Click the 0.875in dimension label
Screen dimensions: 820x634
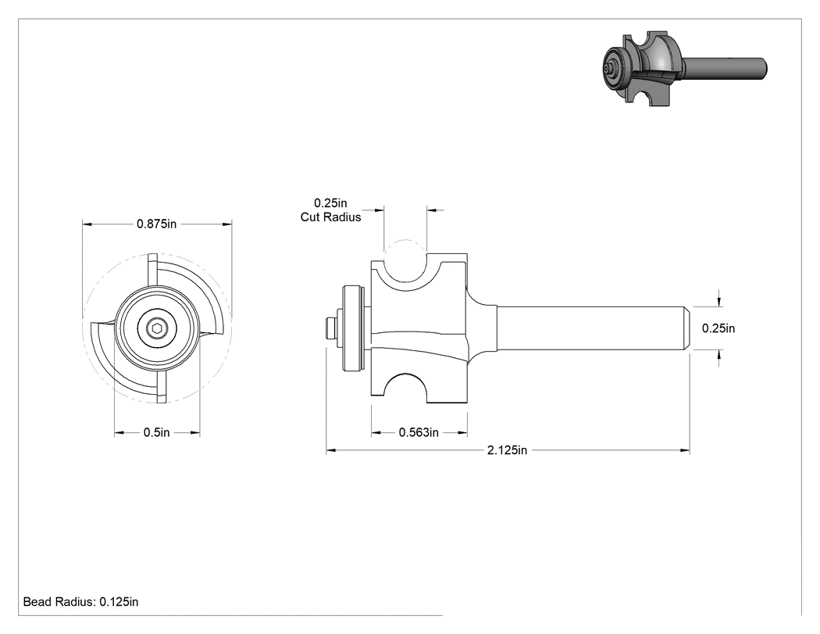[x=156, y=224]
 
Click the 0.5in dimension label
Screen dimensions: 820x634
[x=157, y=432]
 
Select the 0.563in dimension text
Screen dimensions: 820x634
[x=419, y=432]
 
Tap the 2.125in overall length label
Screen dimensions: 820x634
[x=507, y=450]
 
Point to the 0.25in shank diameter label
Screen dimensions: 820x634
[x=718, y=328]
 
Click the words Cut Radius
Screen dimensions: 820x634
[x=330, y=217]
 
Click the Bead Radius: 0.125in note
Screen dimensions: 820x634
[x=80, y=602]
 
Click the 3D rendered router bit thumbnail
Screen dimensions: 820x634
[x=685, y=67]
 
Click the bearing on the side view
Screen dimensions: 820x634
[x=352, y=328]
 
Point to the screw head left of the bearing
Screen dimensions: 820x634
[x=330, y=328]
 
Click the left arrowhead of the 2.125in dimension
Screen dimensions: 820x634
[x=330, y=450]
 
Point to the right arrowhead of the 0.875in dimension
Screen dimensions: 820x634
[x=227, y=224]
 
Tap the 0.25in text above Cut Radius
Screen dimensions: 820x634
[x=330, y=203]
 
